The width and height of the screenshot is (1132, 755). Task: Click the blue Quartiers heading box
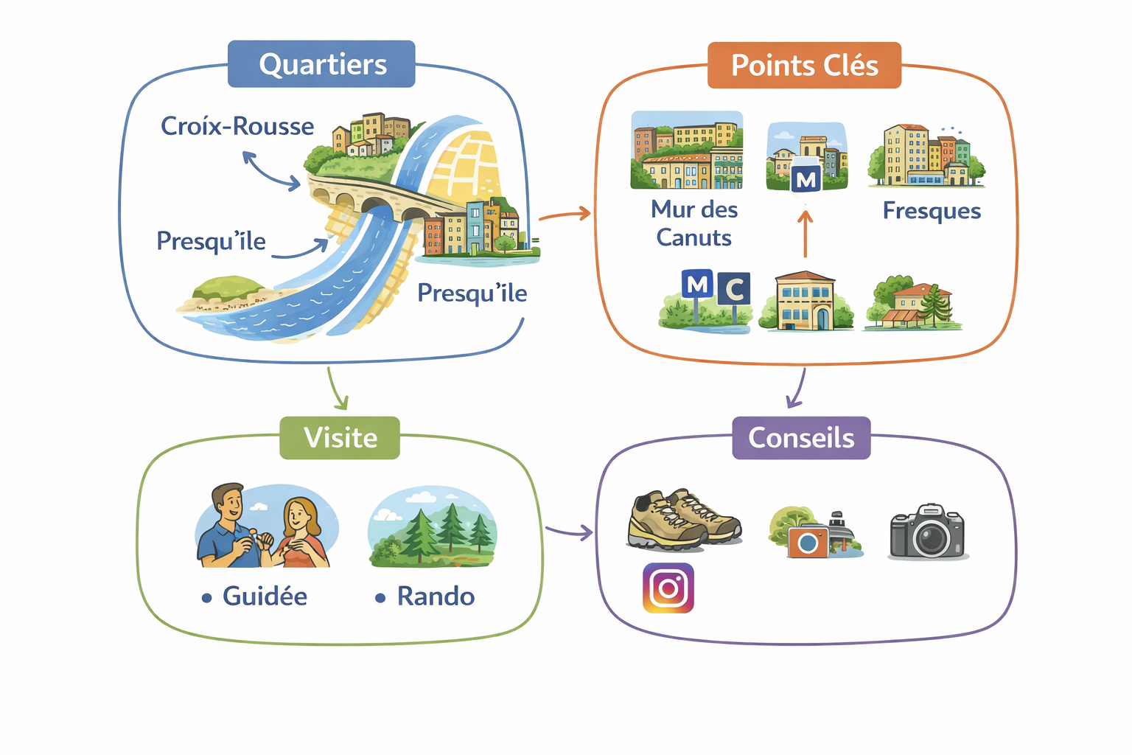(x=321, y=65)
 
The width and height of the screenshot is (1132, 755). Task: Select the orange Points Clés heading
(x=804, y=66)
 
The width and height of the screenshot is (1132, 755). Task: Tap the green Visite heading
(x=340, y=438)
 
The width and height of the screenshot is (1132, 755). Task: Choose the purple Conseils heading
(x=801, y=438)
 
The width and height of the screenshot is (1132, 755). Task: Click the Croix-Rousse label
(x=237, y=126)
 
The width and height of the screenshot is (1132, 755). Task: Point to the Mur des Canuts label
(x=693, y=223)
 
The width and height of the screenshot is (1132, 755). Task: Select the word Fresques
(x=932, y=211)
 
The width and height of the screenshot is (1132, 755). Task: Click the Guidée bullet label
(x=264, y=596)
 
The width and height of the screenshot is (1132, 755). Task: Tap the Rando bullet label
(x=435, y=596)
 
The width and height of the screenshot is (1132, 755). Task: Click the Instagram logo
(x=668, y=588)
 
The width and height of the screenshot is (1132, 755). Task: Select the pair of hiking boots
(x=682, y=519)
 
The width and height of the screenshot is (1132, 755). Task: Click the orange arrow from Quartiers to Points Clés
(x=565, y=215)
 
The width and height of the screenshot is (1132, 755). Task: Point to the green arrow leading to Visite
(x=336, y=388)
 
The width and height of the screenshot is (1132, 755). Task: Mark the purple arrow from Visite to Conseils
(x=569, y=531)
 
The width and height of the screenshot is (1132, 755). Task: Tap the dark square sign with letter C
(x=733, y=289)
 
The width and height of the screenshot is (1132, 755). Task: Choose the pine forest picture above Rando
(x=433, y=526)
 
